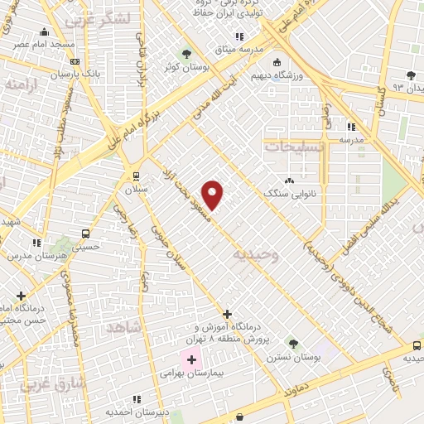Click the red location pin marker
coord(213,195)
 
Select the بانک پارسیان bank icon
coord(75,61)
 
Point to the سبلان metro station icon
coord(136,176)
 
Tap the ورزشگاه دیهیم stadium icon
coord(277,62)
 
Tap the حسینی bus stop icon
coord(85,234)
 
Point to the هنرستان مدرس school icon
coord(36,243)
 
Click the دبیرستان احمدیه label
coord(137,411)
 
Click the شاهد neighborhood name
coord(125,328)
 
